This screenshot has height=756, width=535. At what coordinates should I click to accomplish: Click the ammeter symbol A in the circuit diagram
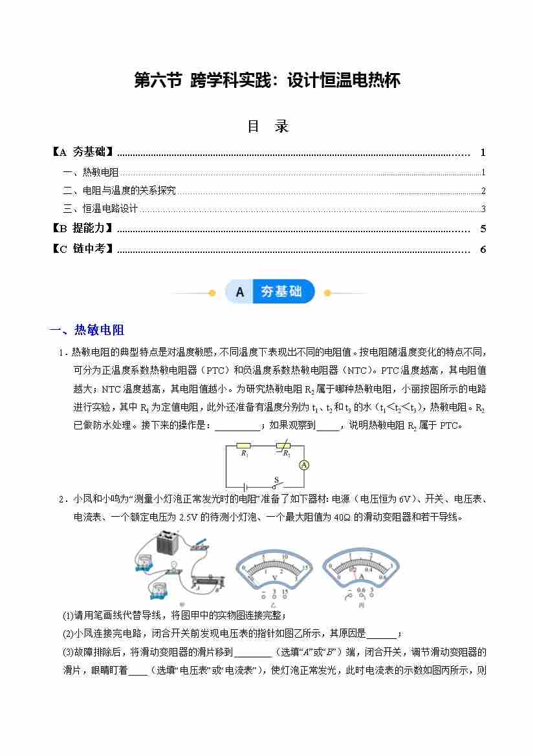tap(305, 465)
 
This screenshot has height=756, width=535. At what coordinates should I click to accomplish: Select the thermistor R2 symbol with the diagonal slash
tap(283, 446)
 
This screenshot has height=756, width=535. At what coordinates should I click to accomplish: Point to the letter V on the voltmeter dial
tap(274, 577)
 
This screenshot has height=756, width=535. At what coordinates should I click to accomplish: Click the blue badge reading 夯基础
tap(281, 292)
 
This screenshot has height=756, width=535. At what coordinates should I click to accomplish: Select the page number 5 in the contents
tap(483, 229)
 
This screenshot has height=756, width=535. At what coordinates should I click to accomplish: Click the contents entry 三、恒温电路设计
tap(101, 209)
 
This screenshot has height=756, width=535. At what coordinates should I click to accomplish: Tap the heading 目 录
tap(268, 127)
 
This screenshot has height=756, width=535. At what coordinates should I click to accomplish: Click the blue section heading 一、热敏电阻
tap(87, 330)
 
